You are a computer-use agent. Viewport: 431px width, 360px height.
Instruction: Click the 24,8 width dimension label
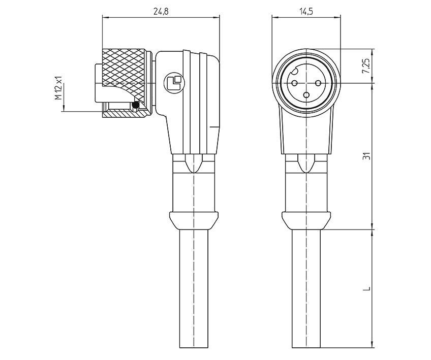pos(161,10)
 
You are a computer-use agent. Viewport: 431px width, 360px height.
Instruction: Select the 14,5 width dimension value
pos(306,10)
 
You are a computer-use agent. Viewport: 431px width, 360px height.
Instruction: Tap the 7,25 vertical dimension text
pos(365,66)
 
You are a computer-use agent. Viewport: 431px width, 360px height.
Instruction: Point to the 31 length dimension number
pos(365,155)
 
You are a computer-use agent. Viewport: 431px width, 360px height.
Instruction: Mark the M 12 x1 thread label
pos(58,88)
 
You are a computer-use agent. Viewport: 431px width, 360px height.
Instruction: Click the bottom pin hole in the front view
pos(306,93)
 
